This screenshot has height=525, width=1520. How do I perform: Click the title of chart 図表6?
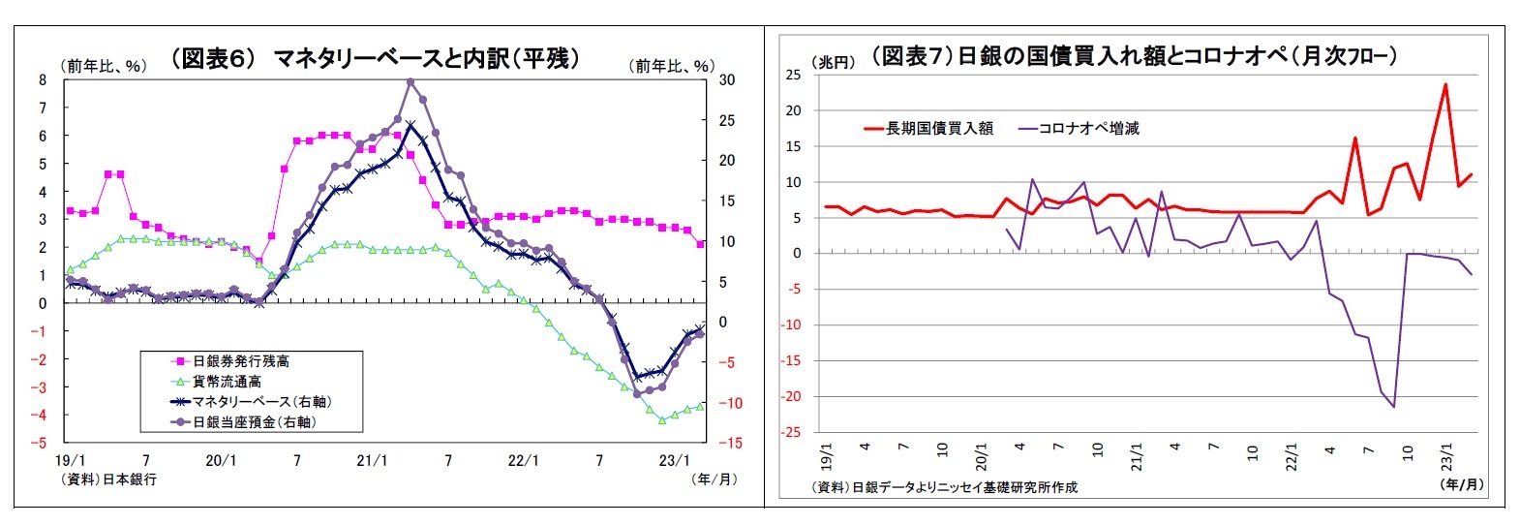click(376, 58)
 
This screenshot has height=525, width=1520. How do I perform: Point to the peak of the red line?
click(1445, 84)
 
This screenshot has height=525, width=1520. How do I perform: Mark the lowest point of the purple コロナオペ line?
click(1394, 407)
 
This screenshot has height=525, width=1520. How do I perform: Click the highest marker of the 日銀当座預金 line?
click(410, 82)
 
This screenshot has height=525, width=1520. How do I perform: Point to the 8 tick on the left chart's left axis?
click(43, 80)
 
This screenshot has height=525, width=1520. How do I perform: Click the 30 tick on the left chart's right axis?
click(726, 80)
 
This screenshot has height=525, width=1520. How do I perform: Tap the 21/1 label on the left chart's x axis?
click(372, 461)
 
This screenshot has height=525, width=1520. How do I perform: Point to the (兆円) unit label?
click(833, 62)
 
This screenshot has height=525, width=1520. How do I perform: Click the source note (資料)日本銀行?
click(107, 479)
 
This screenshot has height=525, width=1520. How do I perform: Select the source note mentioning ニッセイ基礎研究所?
click(944, 487)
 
